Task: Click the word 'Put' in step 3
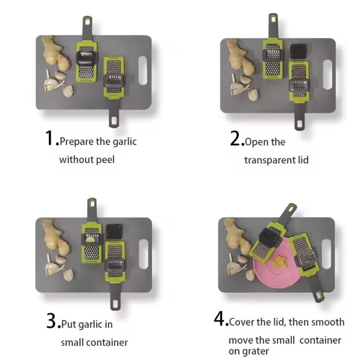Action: click(69, 324)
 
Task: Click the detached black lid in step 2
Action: click(299, 51)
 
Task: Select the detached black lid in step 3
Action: click(114, 232)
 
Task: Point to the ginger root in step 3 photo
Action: click(55, 236)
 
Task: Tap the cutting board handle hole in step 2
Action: click(327, 74)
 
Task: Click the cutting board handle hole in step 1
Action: click(143, 70)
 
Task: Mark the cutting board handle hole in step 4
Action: click(326, 254)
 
